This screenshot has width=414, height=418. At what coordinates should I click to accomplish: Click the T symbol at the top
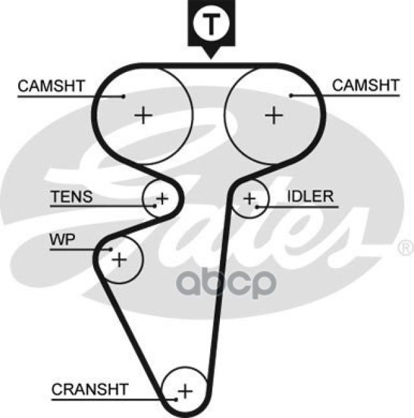point(209,24)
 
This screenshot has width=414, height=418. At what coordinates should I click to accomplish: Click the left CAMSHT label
point(51,85)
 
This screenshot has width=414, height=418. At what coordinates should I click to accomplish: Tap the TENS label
point(72,196)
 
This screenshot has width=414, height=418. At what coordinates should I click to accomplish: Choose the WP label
point(62,240)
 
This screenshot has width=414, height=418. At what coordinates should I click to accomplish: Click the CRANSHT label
point(90,389)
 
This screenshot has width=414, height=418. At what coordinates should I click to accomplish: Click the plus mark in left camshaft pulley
point(144,115)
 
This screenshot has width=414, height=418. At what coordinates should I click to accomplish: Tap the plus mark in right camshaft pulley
point(274,115)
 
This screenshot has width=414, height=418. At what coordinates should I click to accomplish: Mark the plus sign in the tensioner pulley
point(162,197)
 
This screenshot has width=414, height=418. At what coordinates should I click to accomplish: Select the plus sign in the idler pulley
point(249,197)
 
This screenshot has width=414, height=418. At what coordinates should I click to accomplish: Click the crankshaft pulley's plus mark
point(185,391)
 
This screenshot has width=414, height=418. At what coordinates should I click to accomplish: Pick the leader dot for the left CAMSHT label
point(123,96)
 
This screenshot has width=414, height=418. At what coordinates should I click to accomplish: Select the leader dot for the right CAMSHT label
point(292,96)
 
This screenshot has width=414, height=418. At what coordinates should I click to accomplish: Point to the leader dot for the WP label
point(111,249)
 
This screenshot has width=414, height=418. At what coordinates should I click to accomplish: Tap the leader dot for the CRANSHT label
point(175,398)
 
